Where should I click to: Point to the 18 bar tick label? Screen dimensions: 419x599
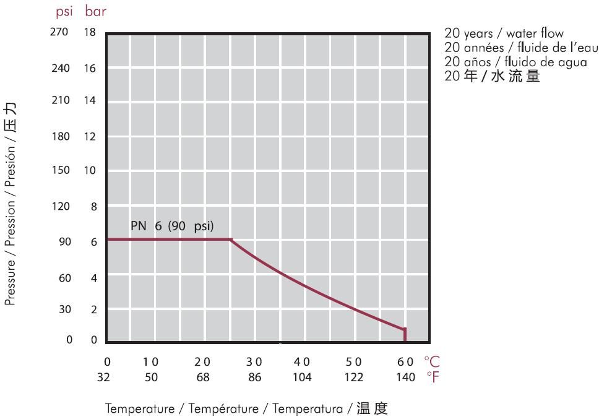(x=90, y=32)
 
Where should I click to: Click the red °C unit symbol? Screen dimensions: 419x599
(x=432, y=361)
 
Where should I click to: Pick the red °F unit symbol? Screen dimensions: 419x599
(x=432, y=376)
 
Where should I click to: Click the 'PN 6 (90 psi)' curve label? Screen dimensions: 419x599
(x=172, y=226)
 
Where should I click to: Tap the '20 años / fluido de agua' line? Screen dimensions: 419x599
(x=515, y=62)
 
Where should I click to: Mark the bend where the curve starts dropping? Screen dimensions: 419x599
(x=231, y=240)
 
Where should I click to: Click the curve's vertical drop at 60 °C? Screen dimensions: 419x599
(x=405, y=335)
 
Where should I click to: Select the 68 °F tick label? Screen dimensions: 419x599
(x=202, y=376)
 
